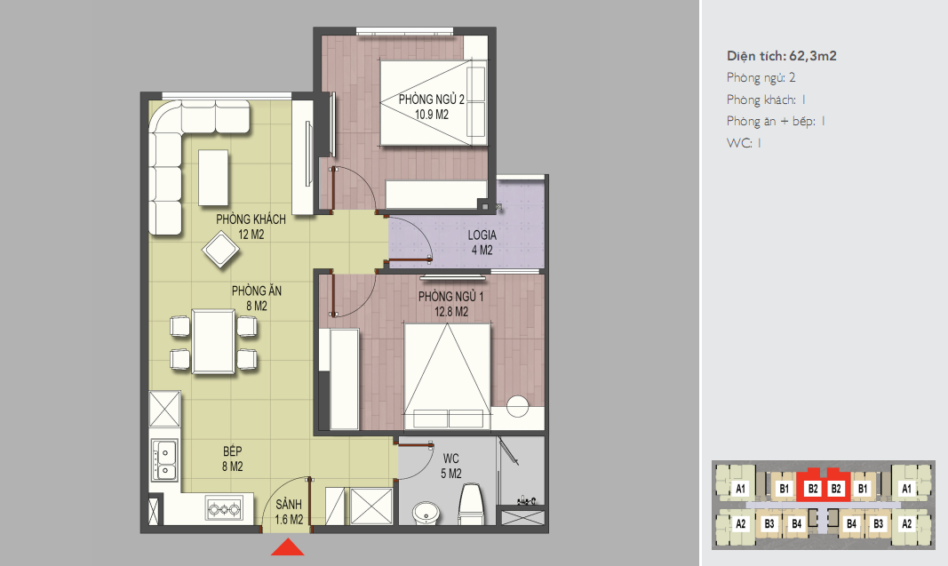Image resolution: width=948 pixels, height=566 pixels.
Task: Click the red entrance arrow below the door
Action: point(288,547)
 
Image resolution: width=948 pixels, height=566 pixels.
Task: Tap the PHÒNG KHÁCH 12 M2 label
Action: point(251,227)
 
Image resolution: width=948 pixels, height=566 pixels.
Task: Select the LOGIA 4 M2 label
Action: point(482,243)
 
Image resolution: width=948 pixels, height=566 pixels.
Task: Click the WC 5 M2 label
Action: point(451,466)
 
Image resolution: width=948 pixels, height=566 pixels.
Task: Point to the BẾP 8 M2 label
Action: point(233,459)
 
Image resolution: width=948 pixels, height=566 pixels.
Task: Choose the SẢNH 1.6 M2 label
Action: point(289,512)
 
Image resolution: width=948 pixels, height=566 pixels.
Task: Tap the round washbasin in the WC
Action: point(426,512)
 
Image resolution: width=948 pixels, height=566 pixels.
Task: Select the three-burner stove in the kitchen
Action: point(224,509)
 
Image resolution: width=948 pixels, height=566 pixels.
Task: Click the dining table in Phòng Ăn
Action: point(213,342)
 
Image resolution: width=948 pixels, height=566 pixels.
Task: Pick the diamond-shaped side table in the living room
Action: point(220,249)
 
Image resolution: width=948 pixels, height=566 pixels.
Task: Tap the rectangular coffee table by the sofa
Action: point(213,178)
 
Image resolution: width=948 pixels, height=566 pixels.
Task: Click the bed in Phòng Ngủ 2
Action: point(433,102)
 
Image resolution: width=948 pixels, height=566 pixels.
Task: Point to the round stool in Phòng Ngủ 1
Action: point(517,406)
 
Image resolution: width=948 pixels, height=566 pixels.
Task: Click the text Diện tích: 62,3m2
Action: point(782,56)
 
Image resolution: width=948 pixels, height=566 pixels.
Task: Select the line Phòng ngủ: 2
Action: point(761,78)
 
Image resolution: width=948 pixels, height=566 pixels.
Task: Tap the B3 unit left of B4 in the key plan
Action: point(769,523)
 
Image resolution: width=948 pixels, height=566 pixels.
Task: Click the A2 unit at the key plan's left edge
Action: point(740,523)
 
